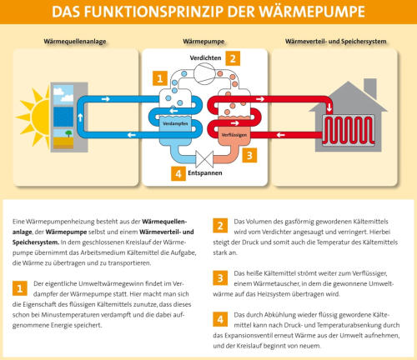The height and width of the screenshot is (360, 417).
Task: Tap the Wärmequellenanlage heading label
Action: (75, 42)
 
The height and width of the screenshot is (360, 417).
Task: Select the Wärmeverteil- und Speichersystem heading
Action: (336, 42)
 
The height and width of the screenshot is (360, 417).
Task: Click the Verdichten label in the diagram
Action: (205, 57)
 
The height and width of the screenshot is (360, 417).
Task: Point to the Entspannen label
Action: (205, 172)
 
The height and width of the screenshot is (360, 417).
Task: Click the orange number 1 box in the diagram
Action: (160, 78)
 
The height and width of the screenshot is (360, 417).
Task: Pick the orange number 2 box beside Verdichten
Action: (233, 58)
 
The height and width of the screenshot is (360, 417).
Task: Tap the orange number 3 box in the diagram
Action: (249, 155)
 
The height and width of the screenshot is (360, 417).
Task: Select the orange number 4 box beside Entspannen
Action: (178, 173)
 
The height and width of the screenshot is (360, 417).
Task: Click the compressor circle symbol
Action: (204, 73)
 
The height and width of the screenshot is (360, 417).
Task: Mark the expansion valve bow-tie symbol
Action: (204, 159)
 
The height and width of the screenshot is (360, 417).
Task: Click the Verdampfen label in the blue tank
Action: (175, 123)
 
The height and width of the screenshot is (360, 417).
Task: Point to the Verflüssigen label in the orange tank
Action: (234, 135)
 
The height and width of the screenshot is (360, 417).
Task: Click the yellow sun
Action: (36, 117)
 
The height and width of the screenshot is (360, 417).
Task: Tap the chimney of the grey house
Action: (370, 88)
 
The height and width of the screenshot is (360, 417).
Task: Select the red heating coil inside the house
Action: (349, 131)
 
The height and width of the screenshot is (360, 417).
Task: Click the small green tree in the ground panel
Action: (68, 133)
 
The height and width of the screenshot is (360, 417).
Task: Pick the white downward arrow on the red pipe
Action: (329, 107)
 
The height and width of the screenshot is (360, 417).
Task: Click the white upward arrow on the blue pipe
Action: (80, 117)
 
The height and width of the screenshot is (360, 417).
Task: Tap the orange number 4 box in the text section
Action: (220, 319)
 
